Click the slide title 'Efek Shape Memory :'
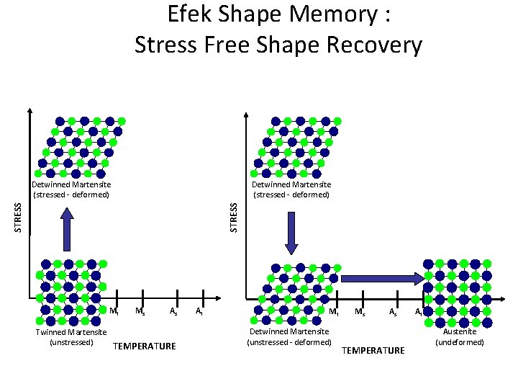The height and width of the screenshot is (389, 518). [278, 15]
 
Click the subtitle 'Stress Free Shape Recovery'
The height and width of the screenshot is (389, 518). [278, 45]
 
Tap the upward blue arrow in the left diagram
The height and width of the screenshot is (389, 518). [67, 228]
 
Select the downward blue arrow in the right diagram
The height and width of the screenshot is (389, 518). [291, 233]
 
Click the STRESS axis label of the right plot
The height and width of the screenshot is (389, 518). [233, 217]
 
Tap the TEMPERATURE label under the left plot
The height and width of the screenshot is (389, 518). [145, 346]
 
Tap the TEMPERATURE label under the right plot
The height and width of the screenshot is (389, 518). [373, 350]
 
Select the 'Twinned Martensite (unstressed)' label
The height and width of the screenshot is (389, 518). [71, 336]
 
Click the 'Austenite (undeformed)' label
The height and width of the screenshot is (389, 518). [460, 336]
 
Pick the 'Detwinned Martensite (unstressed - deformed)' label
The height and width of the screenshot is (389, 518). [289, 336]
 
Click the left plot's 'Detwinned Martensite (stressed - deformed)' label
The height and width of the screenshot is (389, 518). [71, 189]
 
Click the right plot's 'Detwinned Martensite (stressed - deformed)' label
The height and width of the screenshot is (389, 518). [291, 189]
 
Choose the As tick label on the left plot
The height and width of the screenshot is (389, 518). [173, 311]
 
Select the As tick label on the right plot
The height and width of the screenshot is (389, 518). [393, 312]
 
